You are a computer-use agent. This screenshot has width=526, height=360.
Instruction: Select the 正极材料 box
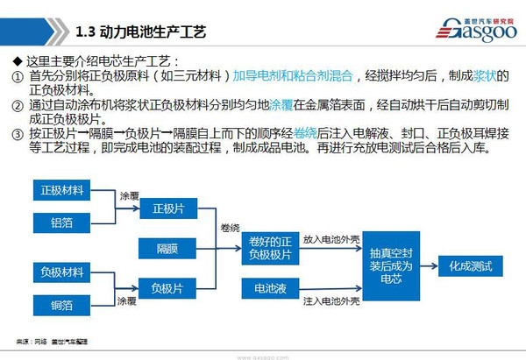click(61, 190)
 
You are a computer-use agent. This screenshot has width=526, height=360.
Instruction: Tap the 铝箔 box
click(61, 222)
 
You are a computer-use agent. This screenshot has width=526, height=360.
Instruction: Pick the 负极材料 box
click(61, 271)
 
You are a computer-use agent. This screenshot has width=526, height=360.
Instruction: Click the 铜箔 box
click(61, 304)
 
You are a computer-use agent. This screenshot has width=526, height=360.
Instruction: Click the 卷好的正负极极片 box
click(271, 248)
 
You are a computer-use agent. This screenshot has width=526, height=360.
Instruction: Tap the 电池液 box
click(271, 287)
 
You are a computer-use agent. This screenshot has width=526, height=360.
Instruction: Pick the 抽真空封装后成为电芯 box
click(392, 264)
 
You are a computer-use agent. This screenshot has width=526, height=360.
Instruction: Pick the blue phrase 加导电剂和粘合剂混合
click(290, 76)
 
